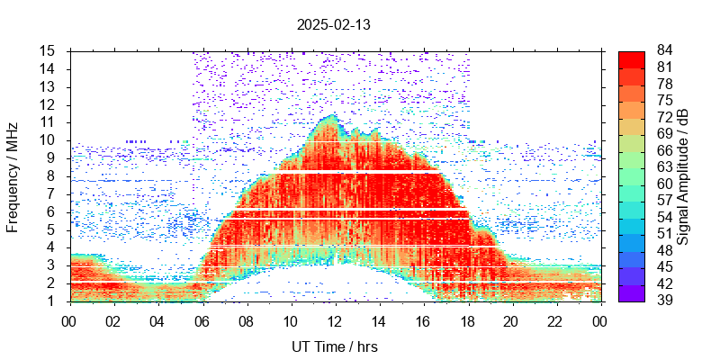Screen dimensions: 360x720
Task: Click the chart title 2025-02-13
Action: (333, 25)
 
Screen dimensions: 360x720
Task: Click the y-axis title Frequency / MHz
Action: (13, 176)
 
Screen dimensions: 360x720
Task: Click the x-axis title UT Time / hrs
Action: (334, 346)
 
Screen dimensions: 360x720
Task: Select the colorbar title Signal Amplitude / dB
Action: (683, 176)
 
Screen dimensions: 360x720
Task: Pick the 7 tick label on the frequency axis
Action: (51, 193)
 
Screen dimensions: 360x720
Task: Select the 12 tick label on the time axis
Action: (334, 319)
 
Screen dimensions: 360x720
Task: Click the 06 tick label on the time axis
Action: (202, 319)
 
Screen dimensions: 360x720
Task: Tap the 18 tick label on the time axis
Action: (466, 319)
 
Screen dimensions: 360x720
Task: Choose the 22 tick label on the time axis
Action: (554, 319)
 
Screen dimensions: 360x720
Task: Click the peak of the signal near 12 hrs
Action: (333, 116)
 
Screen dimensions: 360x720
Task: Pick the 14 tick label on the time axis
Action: (378, 319)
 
